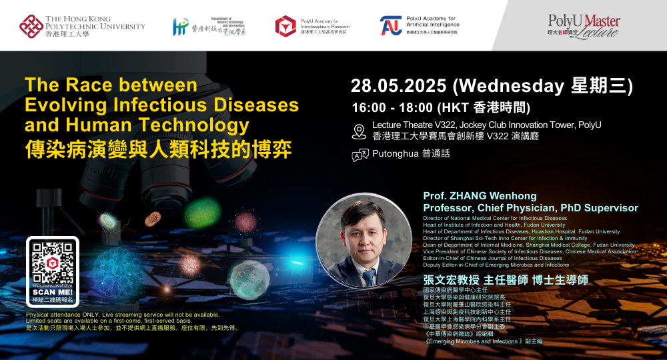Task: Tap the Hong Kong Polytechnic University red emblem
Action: (x=31, y=26)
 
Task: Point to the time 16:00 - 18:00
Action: (x=392, y=107)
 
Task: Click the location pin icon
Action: (x=359, y=131)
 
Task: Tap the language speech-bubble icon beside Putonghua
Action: (x=360, y=155)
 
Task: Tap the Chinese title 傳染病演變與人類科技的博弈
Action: (x=158, y=149)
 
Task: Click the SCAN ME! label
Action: (x=53, y=293)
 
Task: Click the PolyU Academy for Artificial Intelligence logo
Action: (x=392, y=26)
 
